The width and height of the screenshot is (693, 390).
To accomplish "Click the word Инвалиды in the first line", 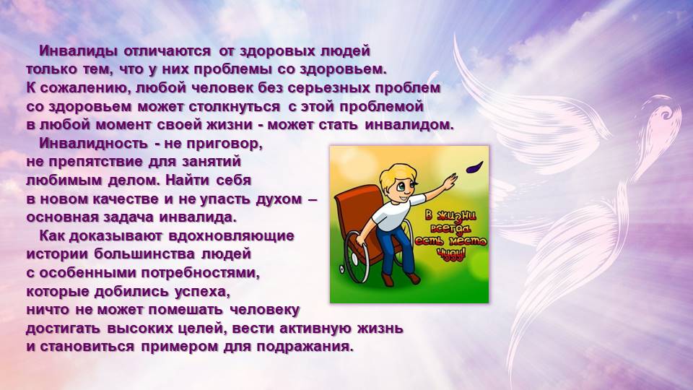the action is tap(78, 51).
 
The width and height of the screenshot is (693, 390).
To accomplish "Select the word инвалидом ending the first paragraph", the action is tap(409, 125).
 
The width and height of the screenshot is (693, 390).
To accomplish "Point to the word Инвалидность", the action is tap(93, 143).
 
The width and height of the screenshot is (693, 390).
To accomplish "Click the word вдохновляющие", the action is tap(231, 235).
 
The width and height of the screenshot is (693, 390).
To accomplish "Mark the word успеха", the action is tap(202, 291).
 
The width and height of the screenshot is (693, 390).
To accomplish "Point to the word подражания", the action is tap(305, 347).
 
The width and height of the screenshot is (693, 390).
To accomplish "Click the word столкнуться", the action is tap(234, 107).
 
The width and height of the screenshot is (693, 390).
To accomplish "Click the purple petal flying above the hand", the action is tap(475, 167).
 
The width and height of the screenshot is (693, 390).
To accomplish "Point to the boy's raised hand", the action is tap(450, 181).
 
